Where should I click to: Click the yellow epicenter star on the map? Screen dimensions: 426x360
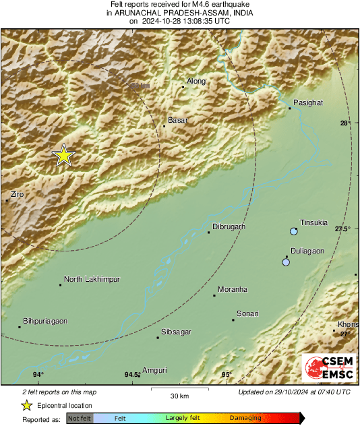pyautogui.click(x=63, y=156)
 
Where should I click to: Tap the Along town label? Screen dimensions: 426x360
pyautogui.click(x=196, y=82)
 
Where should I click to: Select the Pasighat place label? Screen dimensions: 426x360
pyautogui.click(x=308, y=102)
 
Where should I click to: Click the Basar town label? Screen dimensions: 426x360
pyautogui.click(x=177, y=120)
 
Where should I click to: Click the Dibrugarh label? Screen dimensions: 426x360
pyautogui.click(x=229, y=227)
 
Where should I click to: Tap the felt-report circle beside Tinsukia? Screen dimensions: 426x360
pyautogui.click(x=293, y=232)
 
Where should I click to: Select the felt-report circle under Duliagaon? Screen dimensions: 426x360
pyautogui.click(x=286, y=262)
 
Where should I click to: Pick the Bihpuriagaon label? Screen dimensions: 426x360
pyautogui.click(x=45, y=322)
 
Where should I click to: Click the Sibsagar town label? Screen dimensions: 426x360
pyautogui.click(x=176, y=332)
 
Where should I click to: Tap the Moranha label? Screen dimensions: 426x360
pyautogui.click(x=233, y=289)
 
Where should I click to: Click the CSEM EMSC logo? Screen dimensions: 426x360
pyautogui.click(x=325, y=369)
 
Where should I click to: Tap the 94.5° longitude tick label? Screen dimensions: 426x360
pyautogui.click(x=132, y=375)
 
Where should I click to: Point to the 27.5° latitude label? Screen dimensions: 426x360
pyautogui.click(x=343, y=230)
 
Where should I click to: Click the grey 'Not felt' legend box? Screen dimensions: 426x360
pyautogui.click(x=78, y=419)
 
